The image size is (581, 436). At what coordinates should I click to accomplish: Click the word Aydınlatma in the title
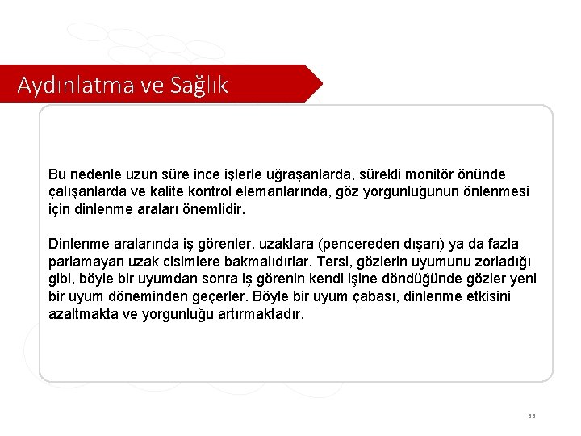coord(67,85)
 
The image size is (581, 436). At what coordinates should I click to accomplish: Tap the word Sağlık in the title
coord(199,85)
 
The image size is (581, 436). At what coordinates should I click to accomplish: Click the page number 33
coord(531,417)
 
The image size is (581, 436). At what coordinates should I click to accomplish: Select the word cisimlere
coord(241,262)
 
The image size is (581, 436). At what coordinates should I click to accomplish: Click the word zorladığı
coord(499,262)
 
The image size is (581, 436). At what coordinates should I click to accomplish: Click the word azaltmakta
coord(82,315)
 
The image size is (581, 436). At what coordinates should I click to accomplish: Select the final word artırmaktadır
coord(262,315)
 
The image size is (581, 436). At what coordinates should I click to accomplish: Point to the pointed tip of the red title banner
coord(321,83)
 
